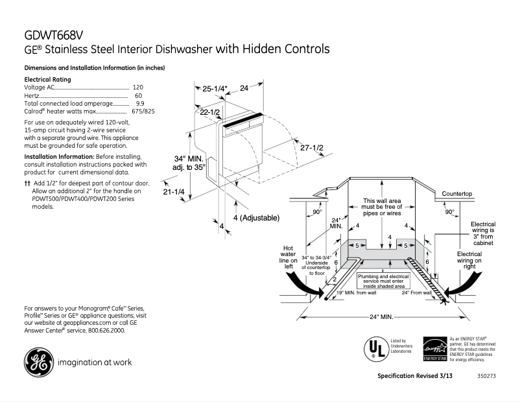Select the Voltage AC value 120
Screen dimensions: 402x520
click(137, 87)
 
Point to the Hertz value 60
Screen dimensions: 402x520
click(138, 95)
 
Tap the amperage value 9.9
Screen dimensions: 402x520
click(139, 104)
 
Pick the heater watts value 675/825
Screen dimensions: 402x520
click(143, 112)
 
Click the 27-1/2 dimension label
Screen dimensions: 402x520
click(311, 148)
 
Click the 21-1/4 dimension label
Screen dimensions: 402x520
click(174, 192)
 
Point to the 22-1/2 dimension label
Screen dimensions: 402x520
click(209, 112)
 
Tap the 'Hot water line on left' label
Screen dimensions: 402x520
click(289, 257)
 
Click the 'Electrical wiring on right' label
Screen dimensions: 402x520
click(469, 259)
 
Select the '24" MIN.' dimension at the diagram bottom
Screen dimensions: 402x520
click(382, 317)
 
